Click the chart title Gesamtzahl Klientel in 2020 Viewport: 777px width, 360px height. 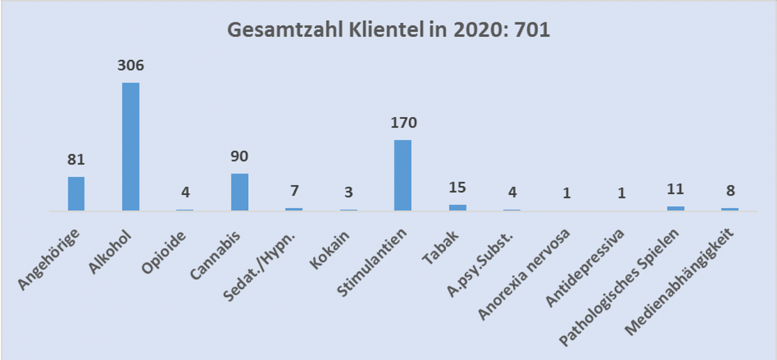(388, 30)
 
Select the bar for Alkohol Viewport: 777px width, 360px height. (131, 146)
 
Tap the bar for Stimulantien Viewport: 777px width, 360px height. (402, 175)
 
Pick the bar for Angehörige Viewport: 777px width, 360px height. (76, 193)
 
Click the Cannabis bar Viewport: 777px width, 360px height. (240, 192)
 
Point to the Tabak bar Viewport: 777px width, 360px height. (457, 208)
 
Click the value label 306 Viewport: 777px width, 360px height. (131, 66)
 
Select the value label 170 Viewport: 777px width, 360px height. (403, 123)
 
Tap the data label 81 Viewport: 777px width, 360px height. (76, 160)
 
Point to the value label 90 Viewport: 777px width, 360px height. (240, 156)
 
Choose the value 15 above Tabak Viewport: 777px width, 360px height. (457, 189)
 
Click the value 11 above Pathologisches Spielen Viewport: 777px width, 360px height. (675, 189)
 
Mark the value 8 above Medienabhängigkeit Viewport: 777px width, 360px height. (730, 191)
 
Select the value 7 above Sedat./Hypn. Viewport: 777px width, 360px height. (294, 192)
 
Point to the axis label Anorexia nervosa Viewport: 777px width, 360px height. (525, 273)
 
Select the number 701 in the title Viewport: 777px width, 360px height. (532, 30)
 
